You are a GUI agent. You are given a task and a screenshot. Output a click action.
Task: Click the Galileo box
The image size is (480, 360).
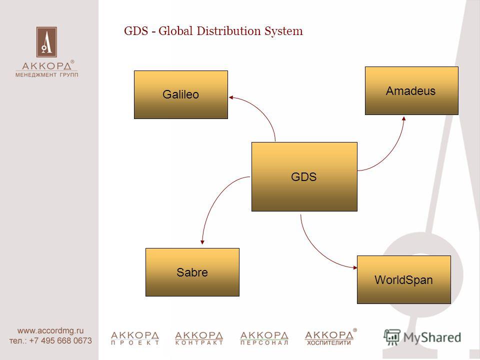[181, 94]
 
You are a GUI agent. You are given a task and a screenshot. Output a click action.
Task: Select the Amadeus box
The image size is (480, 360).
[411, 90]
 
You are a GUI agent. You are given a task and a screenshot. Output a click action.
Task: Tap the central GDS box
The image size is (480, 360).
[304, 176]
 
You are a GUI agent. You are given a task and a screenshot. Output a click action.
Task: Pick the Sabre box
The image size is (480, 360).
[192, 272]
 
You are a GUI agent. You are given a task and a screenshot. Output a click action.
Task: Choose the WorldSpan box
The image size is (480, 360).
[404, 280]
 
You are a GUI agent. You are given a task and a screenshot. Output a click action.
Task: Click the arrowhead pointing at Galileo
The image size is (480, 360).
[231, 97]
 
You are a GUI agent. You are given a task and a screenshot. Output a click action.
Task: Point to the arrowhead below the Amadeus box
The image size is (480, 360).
[404, 118]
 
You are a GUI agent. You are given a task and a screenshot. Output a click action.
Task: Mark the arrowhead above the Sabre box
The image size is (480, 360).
[202, 242]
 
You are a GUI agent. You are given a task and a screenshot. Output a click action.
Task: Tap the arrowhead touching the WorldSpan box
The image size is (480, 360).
[355, 267]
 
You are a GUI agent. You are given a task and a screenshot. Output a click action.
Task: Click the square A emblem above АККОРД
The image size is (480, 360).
[46, 42]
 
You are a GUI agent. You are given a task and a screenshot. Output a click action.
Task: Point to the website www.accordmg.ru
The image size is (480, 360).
[50, 330]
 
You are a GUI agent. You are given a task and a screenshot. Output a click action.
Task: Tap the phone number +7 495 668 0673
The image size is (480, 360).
[60, 340]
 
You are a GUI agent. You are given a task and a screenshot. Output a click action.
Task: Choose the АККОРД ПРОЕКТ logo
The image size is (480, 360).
[135, 338]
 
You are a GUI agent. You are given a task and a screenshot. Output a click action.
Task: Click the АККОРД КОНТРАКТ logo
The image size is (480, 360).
[199, 338]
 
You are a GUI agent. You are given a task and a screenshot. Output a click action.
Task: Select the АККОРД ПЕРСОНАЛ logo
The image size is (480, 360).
[264, 338]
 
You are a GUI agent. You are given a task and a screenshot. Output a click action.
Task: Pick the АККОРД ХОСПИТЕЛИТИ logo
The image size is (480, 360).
[330, 337]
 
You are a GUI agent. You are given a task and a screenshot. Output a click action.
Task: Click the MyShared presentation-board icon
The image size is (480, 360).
[392, 337]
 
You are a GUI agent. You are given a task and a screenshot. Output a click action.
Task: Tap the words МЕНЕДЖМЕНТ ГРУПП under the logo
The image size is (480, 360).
[47, 74]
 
